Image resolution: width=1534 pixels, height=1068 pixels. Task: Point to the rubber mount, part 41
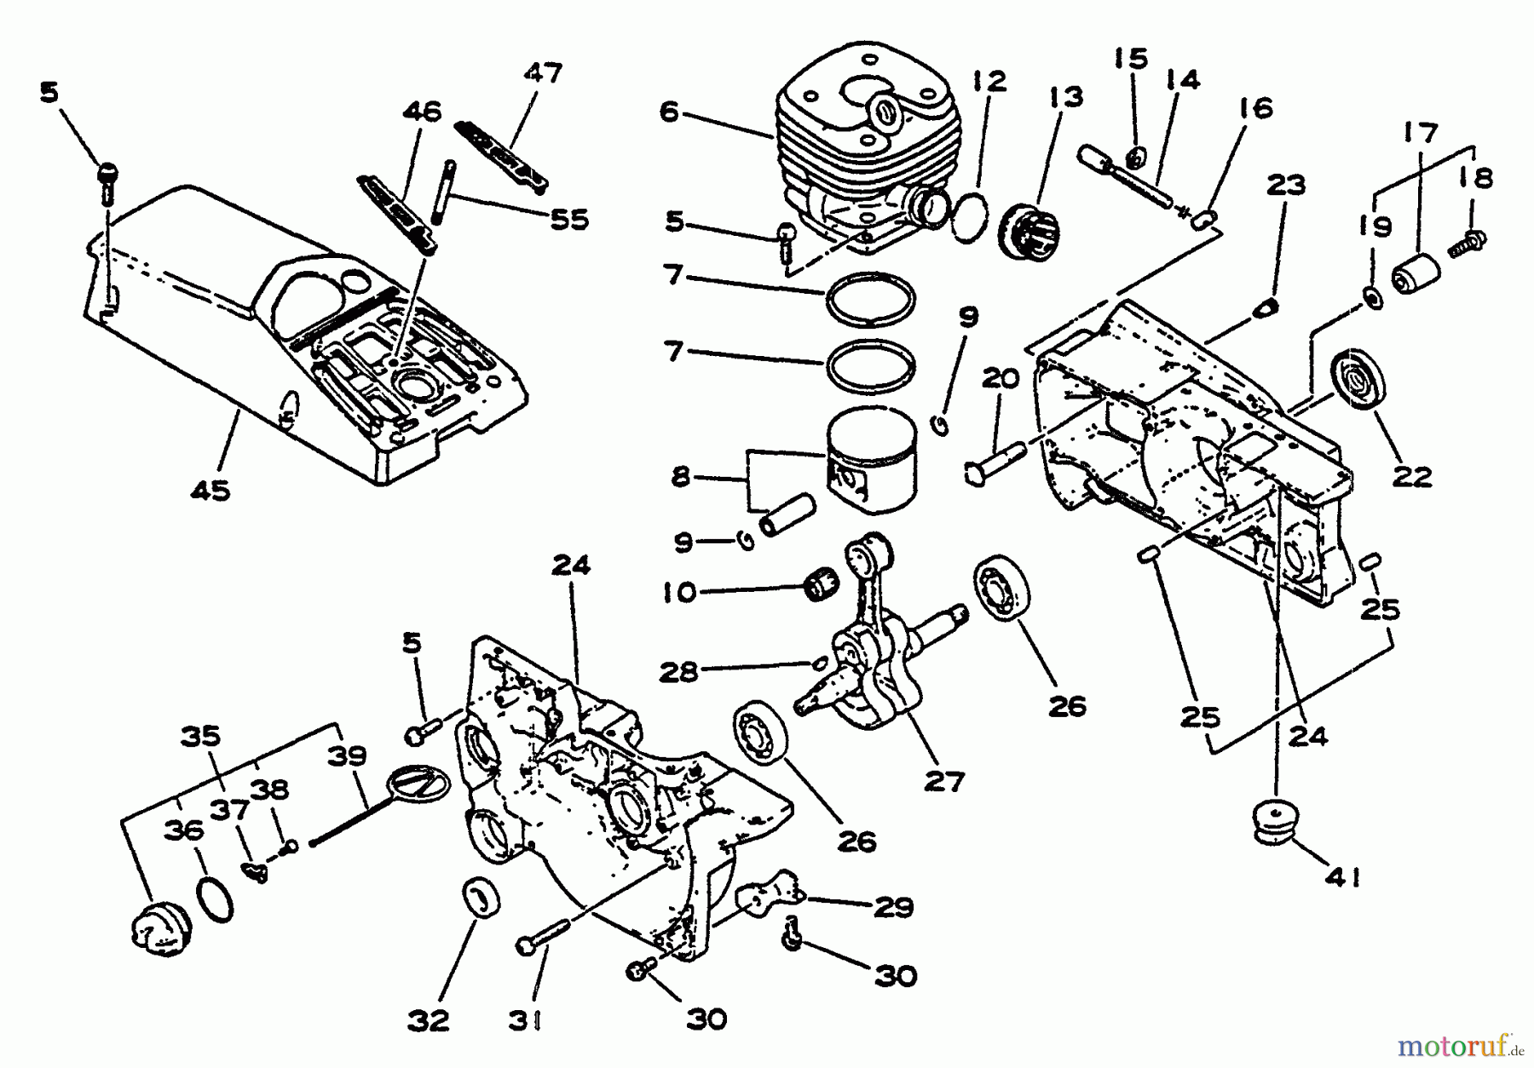[x=1276, y=822]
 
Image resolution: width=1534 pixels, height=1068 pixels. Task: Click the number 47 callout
[x=543, y=73]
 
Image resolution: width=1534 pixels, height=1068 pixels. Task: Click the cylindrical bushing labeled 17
[x=1416, y=273]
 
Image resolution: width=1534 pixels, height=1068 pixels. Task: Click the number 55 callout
[x=569, y=220]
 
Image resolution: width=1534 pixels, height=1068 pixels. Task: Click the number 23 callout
[x=1286, y=186]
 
